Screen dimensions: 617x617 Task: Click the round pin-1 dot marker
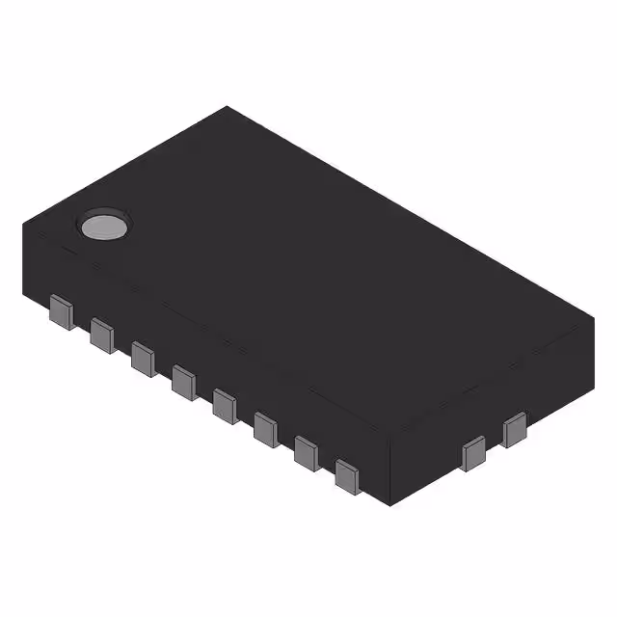[103, 226]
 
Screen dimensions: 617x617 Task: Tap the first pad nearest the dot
[61, 313]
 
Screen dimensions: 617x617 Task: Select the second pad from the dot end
[101, 335]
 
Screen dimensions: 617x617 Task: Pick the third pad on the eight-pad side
[143, 358]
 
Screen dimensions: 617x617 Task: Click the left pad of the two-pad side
[474, 452]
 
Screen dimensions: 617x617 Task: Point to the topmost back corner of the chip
[228, 107]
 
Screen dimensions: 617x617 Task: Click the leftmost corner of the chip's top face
[22, 226]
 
